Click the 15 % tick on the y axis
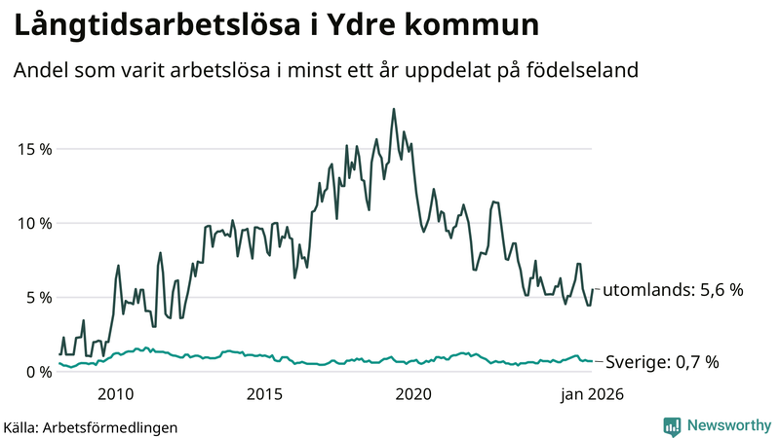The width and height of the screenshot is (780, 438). tap(32, 149)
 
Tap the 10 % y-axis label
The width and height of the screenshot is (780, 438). tap(32, 223)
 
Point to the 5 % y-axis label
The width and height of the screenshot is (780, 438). tap(36, 297)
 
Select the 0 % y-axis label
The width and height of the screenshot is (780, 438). tap(36, 371)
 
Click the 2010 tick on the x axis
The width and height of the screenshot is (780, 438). tap(115, 394)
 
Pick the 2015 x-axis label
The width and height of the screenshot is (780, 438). tap(264, 394)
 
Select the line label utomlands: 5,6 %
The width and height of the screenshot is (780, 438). tap(673, 290)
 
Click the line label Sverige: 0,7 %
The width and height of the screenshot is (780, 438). tap(662, 362)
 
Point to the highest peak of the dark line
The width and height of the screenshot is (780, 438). tap(394, 109)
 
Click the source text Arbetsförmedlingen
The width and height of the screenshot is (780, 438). tap(115, 426)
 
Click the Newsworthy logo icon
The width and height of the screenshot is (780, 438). tap(672, 425)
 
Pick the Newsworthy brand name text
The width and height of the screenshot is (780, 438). tap(726, 425)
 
